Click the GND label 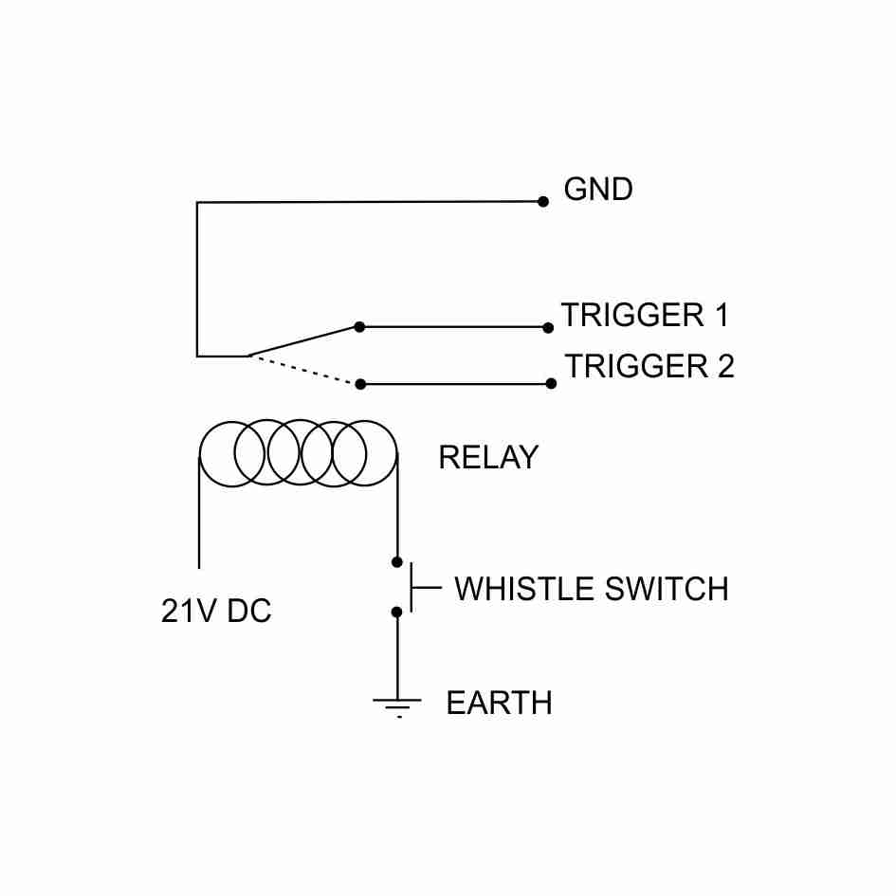[597, 190]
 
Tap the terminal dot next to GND [543, 201]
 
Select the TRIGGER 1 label [645, 315]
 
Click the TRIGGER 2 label [649, 366]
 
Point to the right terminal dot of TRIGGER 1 [548, 328]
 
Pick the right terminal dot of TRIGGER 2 [551, 383]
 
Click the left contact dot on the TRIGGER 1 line [359, 327]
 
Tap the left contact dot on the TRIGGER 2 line [360, 384]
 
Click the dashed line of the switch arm [303, 370]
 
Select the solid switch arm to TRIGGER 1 [303, 341]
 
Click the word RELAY [487, 458]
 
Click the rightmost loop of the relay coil [365, 452]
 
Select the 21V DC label [216, 612]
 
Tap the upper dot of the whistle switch [397, 562]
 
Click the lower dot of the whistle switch [397, 613]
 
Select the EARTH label [499, 704]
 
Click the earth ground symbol [397, 706]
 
